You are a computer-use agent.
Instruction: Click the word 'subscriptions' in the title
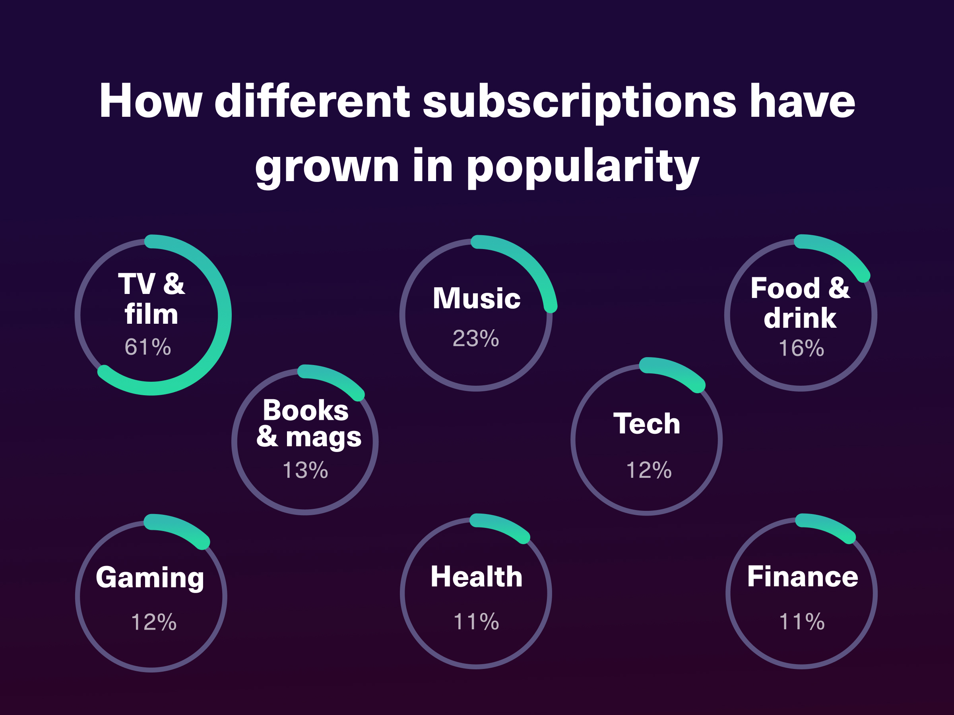pyautogui.click(x=579, y=102)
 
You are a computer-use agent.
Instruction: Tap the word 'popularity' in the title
pyautogui.click(x=583, y=166)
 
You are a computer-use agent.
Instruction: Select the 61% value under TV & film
pyautogui.click(x=148, y=347)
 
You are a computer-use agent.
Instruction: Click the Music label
pyautogui.click(x=477, y=298)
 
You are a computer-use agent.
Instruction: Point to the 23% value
pyautogui.click(x=476, y=338)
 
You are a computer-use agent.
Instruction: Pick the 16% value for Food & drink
pyautogui.click(x=801, y=348)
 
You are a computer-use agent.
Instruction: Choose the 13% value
pyautogui.click(x=305, y=470)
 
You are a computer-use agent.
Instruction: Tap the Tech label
pyautogui.click(x=647, y=424)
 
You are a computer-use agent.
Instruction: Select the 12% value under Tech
pyautogui.click(x=649, y=470)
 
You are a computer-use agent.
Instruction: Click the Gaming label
pyautogui.click(x=150, y=578)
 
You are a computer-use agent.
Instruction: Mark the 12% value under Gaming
pyautogui.click(x=153, y=622)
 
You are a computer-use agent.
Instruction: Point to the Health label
pyautogui.click(x=477, y=577)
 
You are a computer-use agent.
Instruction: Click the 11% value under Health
pyautogui.click(x=476, y=622)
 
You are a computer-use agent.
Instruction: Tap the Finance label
pyautogui.click(x=803, y=577)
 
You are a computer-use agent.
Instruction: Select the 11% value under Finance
pyautogui.click(x=802, y=622)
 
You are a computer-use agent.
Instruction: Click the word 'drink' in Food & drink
pyautogui.click(x=800, y=319)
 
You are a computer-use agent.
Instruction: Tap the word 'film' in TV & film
pyautogui.click(x=151, y=314)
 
